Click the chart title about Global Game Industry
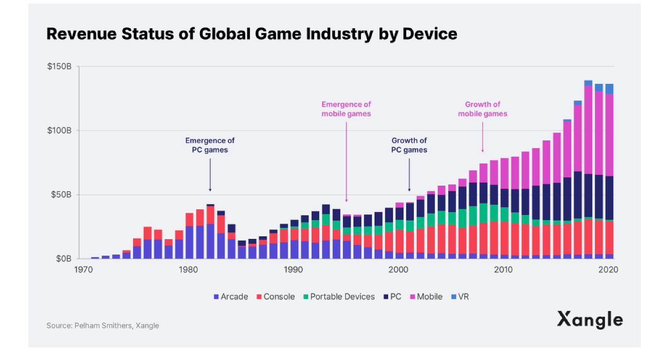coord(251,34)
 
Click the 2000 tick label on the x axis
coord(398,269)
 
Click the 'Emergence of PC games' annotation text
coord(210,145)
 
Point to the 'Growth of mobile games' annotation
coord(482,109)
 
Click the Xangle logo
coord(590,320)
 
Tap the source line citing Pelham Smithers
coord(103,326)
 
